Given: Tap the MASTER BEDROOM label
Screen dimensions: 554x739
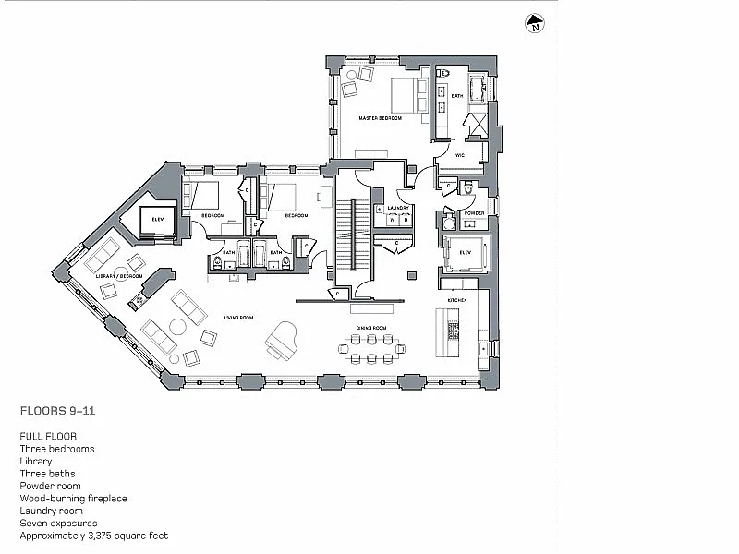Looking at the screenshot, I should click(380, 118).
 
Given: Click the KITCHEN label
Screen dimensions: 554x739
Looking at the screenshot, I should click(457, 301).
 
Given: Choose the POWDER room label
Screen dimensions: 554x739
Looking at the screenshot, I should click(474, 213).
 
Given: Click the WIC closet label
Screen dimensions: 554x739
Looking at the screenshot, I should click(459, 155).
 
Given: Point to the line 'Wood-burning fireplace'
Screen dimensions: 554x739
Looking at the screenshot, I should click(73, 499).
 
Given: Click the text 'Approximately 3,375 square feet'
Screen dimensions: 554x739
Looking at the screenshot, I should click(94, 536).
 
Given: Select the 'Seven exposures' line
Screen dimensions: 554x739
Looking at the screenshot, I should click(58, 524).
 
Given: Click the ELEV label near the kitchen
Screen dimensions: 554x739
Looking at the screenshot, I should click(464, 251).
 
